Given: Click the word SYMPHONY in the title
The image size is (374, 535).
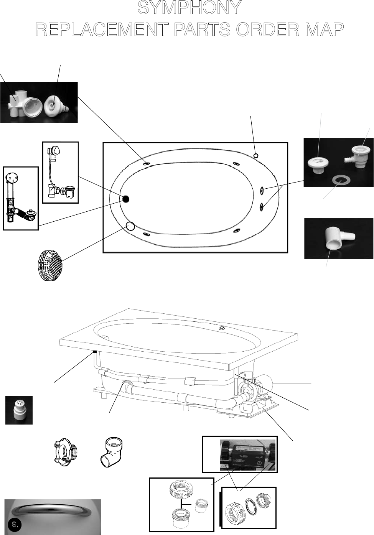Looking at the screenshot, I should (189, 8).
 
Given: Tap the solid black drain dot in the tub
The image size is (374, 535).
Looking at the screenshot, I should (125, 199).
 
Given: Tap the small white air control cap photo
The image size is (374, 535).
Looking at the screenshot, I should (19, 410).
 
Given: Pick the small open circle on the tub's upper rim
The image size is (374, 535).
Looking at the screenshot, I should (256, 155).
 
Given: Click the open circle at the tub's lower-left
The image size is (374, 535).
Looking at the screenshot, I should (130, 226).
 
